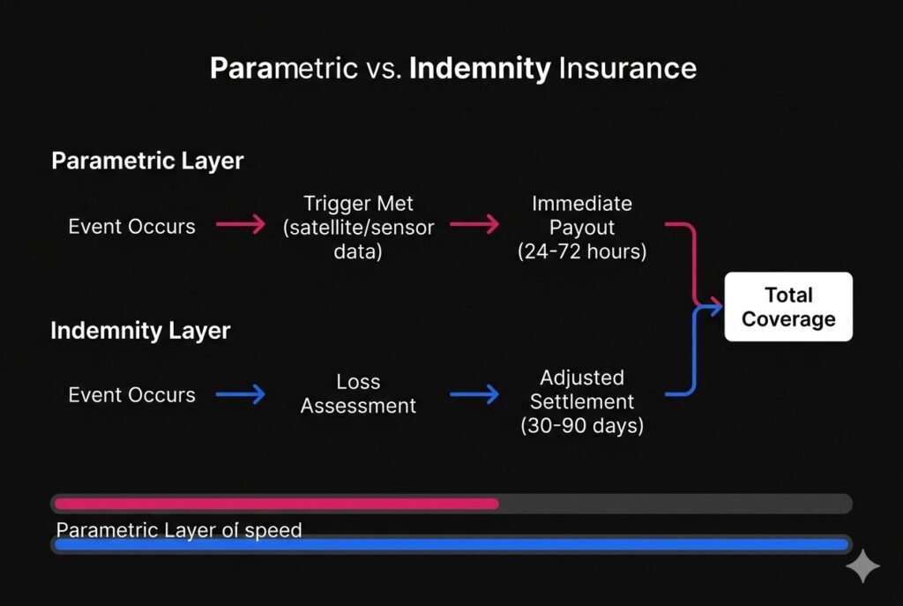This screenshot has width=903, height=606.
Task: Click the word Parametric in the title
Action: pos(282,68)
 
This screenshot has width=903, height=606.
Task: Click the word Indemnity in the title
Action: pos(480,68)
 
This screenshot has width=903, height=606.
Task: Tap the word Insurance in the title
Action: pos(627,68)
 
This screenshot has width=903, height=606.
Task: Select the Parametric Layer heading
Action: pos(147,161)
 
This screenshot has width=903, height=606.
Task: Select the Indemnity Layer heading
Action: pos(140,331)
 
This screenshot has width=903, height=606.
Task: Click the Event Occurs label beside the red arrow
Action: pos(132,226)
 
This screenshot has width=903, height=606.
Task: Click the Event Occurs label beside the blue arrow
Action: pos(132,394)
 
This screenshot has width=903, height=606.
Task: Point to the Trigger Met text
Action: pos(357,204)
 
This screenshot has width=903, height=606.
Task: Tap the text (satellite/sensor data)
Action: pos(358,239)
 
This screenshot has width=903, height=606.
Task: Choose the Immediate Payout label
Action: pos(582,215)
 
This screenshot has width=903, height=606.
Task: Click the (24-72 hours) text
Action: pos(582,251)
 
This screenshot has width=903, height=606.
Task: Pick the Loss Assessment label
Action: pos(358,394)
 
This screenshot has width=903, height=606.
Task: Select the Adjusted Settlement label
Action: pos(582,390)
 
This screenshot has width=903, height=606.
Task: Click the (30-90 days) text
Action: pos(582,426)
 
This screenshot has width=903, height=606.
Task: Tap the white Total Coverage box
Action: pos(788,307)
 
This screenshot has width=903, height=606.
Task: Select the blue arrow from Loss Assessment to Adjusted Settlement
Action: pos(474,394)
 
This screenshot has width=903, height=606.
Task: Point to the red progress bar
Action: pos(276,504)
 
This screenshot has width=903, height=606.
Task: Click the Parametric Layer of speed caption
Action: pos(179,530)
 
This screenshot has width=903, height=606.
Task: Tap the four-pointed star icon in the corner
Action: pos(862,567)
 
